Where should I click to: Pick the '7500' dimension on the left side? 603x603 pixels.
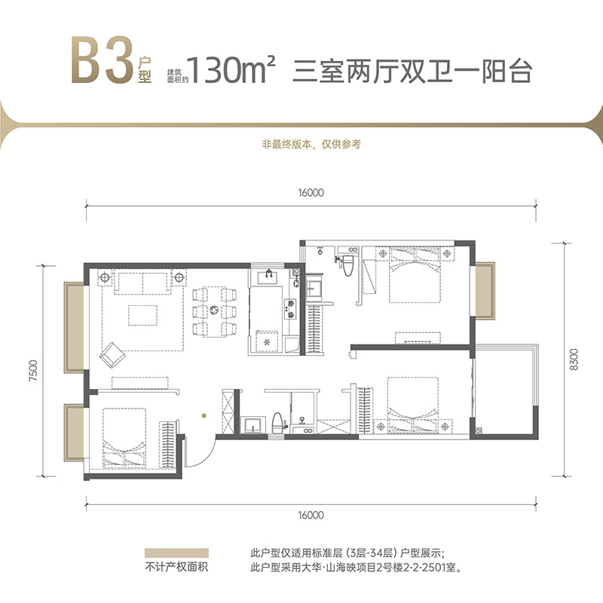[x=31, y=372]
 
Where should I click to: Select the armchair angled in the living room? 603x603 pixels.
[x=114, y=351]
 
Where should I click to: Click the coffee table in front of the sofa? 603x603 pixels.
[x=143, y=314]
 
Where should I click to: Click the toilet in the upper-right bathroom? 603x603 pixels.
[x=348, y=266]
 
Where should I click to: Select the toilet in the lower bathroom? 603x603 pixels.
[x=278, y=422]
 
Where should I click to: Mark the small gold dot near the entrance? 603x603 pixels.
[x=201, y=414]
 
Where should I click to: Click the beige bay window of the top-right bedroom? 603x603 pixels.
[x=483, y=290]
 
